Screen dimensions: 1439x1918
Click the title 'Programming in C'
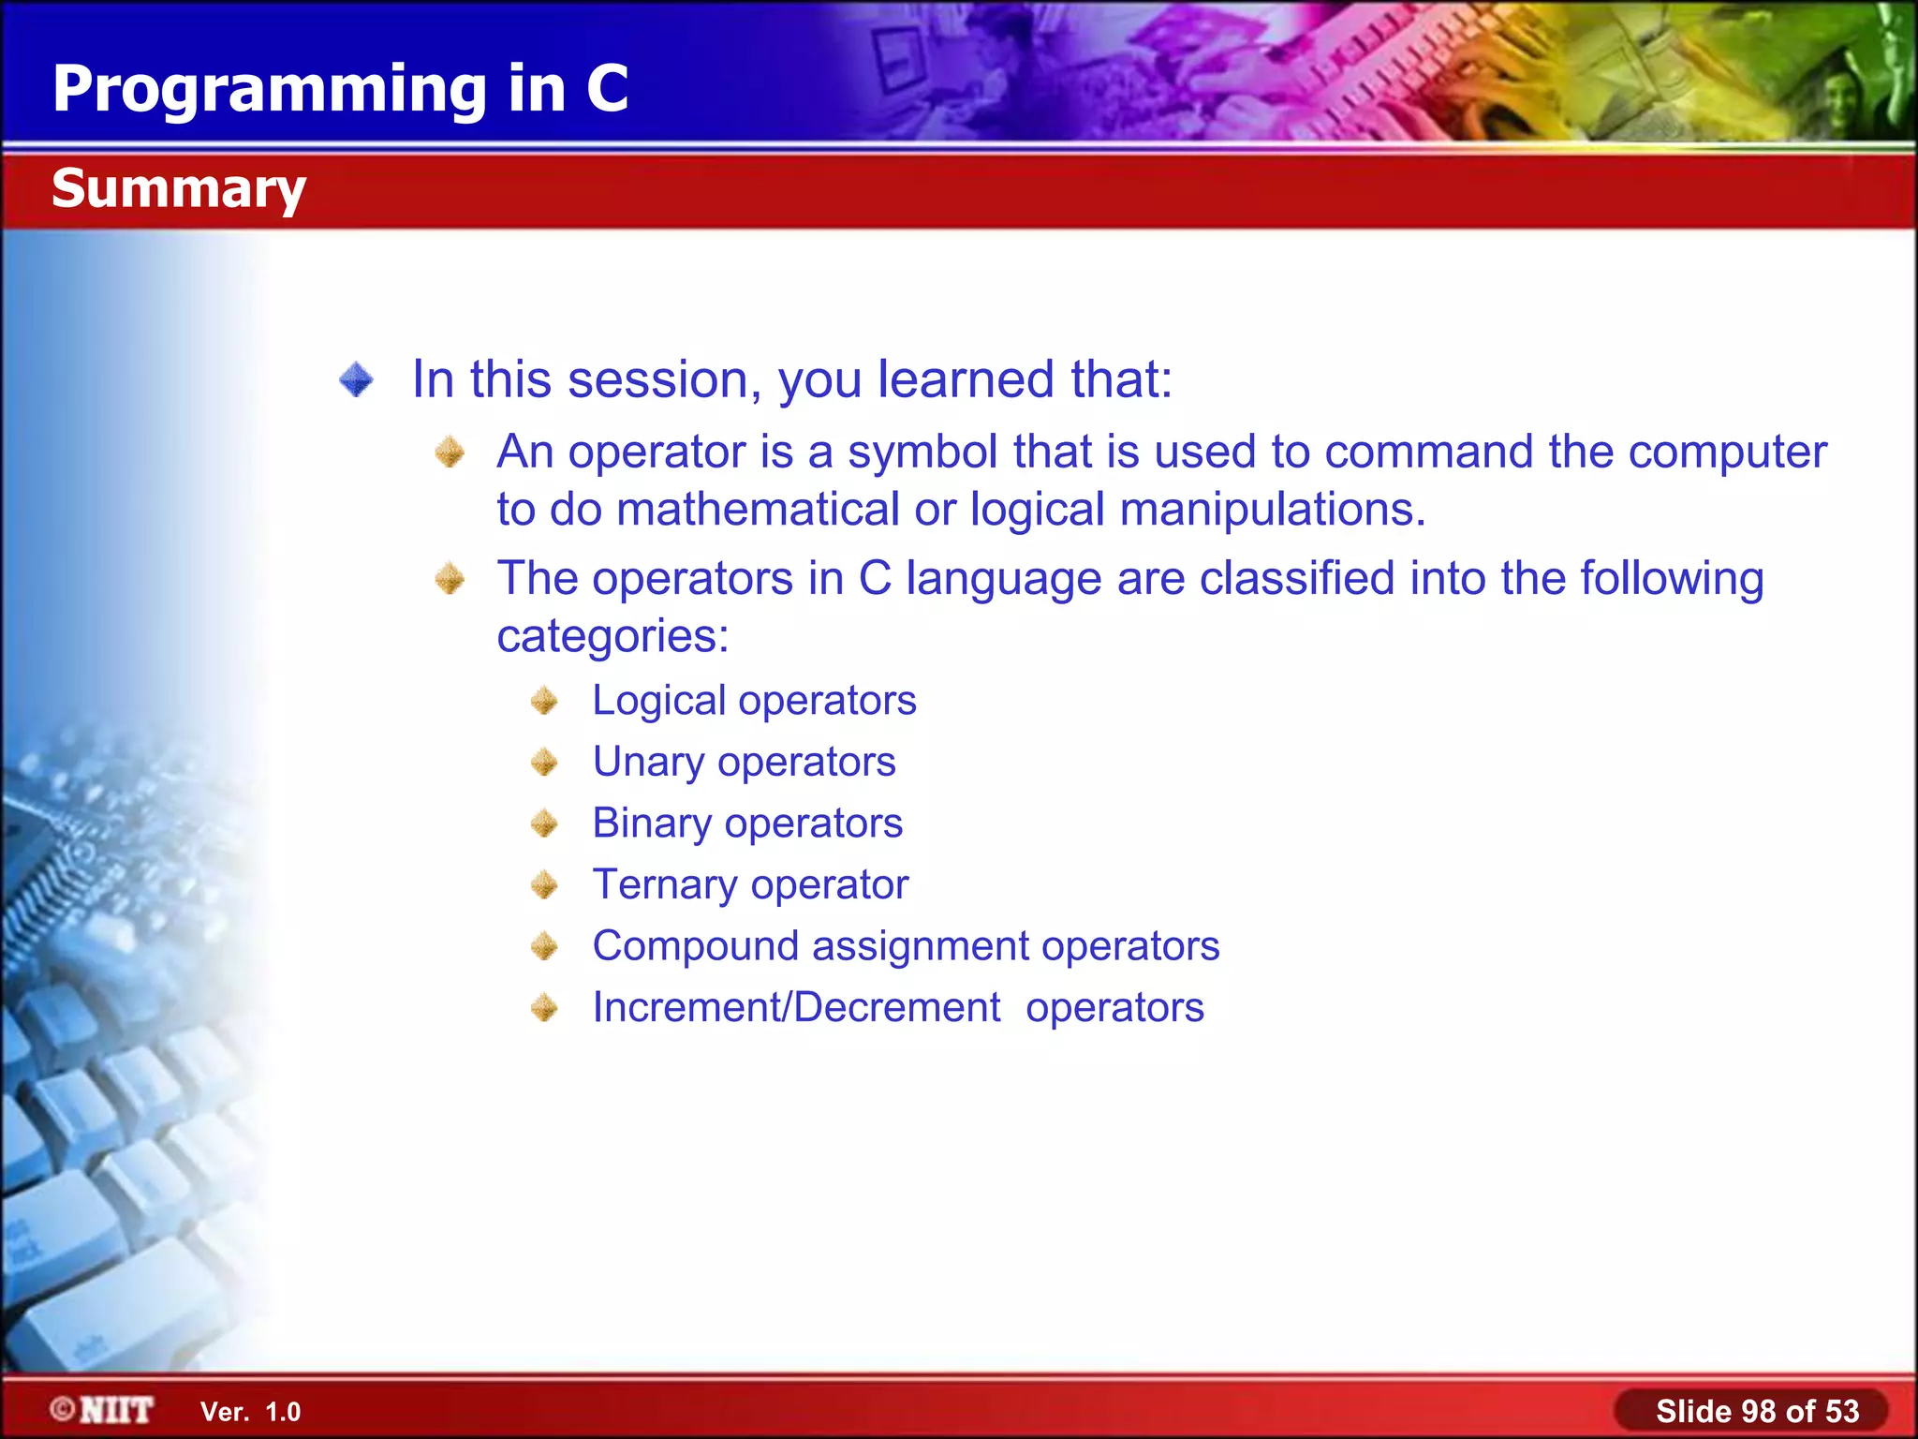340,89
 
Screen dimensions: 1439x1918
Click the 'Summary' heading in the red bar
178,188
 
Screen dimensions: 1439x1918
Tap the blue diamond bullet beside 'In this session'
357,380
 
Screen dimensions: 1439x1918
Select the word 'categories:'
612,637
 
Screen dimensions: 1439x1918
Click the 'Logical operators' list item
754,701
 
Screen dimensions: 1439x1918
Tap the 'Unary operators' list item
744,762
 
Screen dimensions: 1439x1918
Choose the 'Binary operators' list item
747,823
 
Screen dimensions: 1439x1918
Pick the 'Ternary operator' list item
750,884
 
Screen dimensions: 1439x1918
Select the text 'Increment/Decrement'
796,1008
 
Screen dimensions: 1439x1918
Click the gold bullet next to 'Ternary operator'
544,884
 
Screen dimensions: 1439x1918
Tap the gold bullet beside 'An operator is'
450,452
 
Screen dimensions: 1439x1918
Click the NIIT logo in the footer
103,1410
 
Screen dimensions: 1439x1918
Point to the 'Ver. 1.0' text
250,1412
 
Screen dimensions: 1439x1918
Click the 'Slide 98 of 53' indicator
1756,1411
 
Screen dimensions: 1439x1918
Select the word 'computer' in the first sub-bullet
1727,452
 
